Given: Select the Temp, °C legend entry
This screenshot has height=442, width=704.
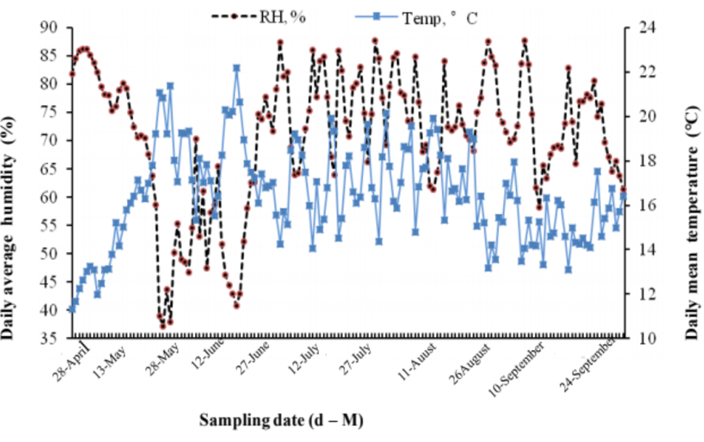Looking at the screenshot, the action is tap(416, 18).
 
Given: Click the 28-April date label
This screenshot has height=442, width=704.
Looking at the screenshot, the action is tap(71, 361).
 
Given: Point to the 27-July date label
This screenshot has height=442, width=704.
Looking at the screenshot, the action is tap(355, 359).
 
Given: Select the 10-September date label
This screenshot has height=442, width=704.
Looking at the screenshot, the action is tap(516, 369).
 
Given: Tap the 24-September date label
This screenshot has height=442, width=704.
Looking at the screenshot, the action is tap(587, 364).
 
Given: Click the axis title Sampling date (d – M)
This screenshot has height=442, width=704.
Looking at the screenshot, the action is tap(281, 420).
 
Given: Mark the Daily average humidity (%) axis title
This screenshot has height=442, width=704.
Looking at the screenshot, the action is tap(8, 227).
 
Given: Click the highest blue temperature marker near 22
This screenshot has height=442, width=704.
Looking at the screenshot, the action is tap(236, 68).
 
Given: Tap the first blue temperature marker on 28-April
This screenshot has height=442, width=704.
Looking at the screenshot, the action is tap(72, 309).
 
